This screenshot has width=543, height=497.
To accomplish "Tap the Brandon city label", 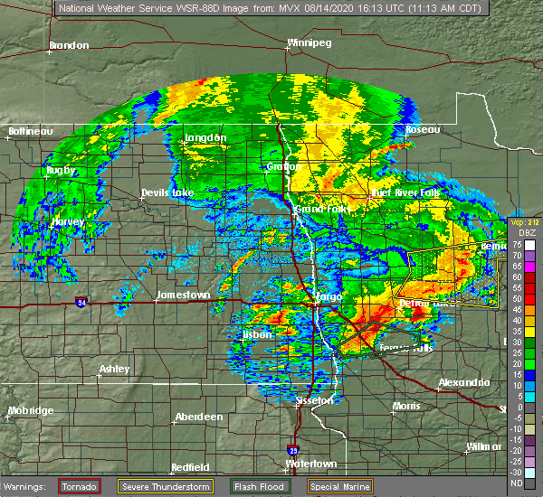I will [x=69, y=45].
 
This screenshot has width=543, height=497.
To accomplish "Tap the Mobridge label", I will [x=30, y=410].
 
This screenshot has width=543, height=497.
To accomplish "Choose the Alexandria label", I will [x=464, y=382].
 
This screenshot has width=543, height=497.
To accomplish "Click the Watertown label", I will [x=310, y=464].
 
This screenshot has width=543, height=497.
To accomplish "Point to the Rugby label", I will [x=62, y=170].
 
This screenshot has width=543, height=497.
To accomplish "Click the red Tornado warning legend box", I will [x=79, y=486].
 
